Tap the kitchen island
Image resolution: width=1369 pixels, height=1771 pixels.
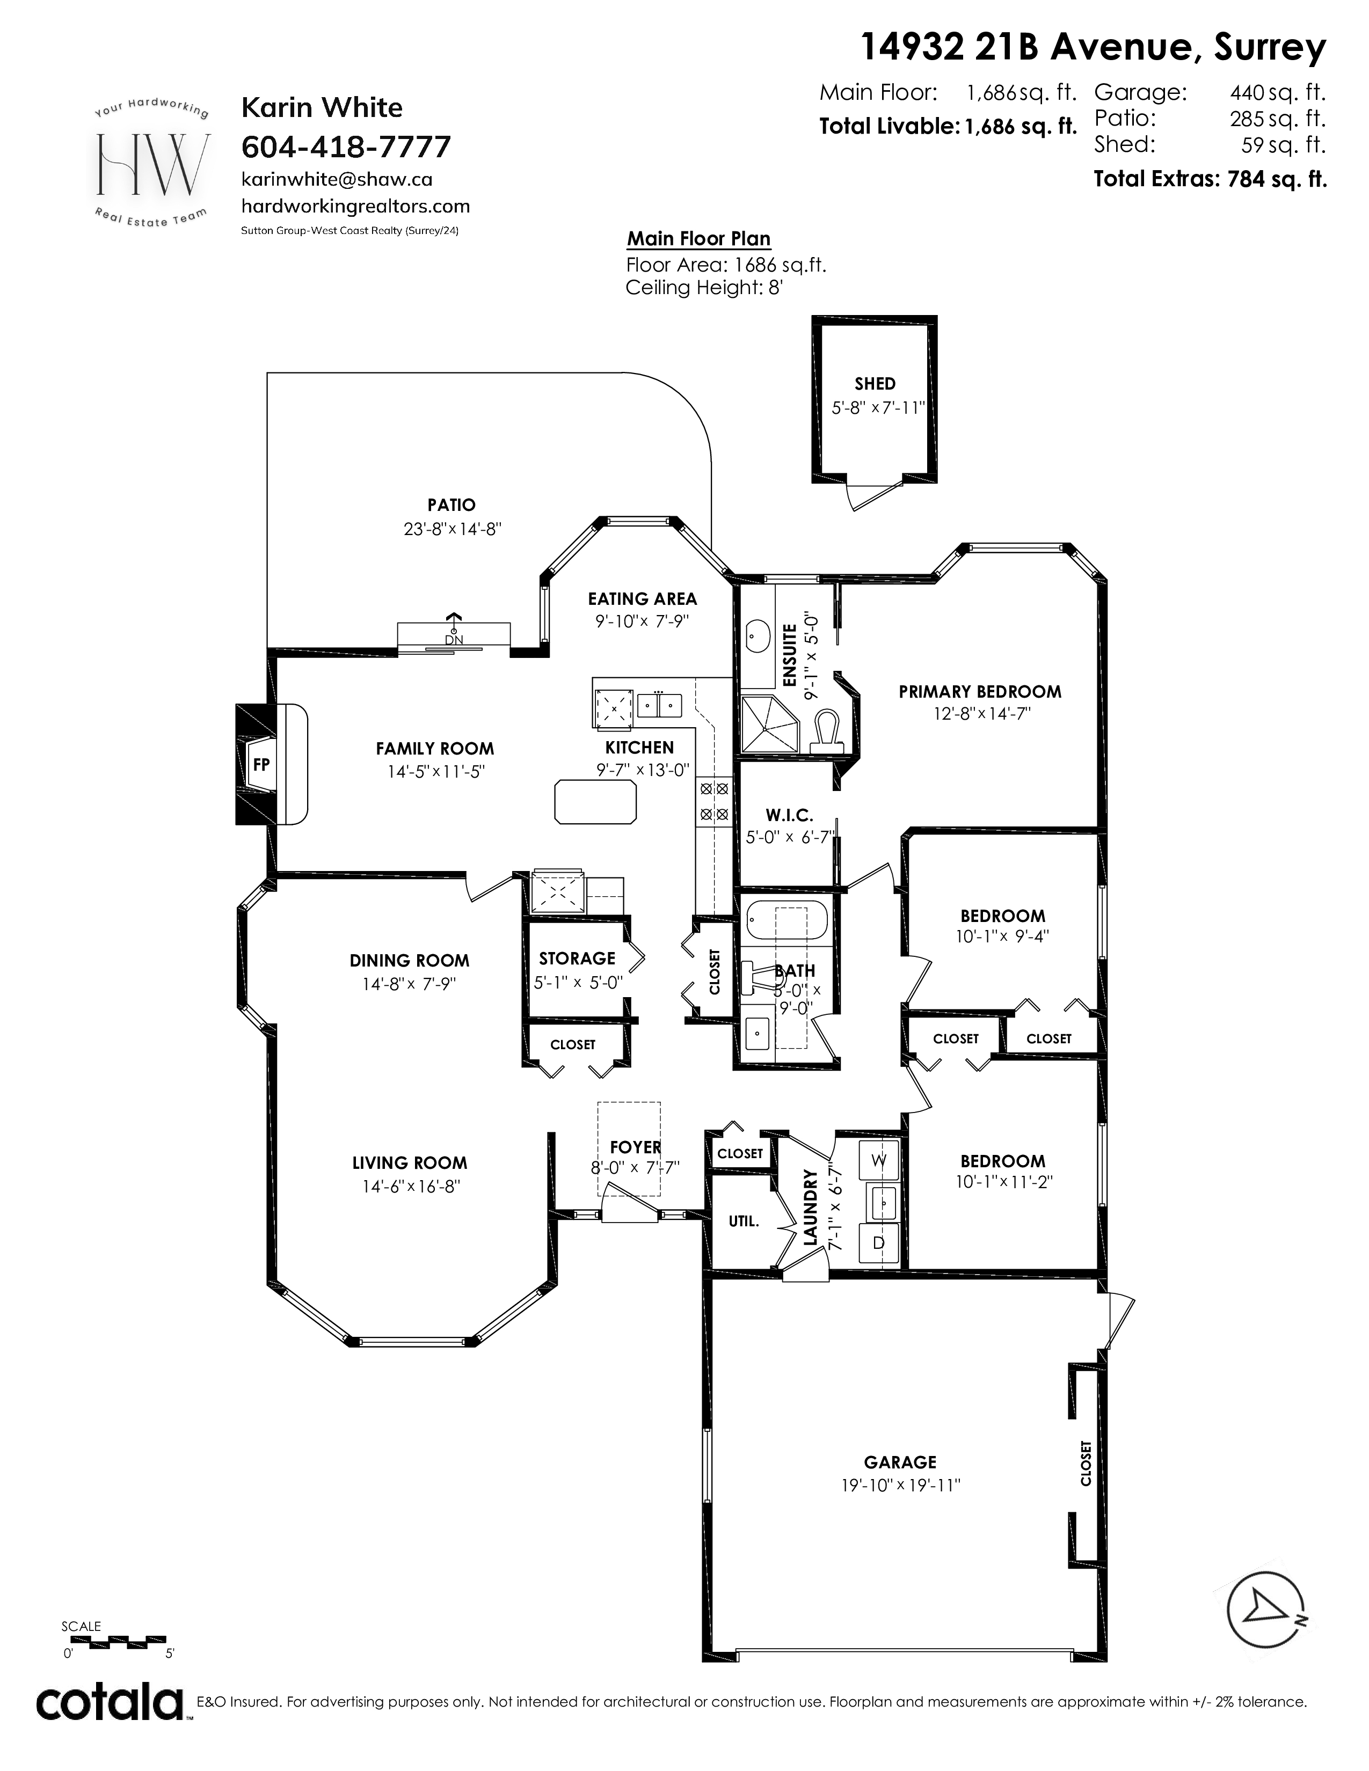595,802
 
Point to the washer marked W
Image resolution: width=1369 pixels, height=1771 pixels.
878,1160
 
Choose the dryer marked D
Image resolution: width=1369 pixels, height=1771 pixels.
878,1243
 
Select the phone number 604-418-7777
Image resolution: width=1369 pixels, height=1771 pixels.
346,147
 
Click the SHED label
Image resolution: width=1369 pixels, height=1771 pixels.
875,384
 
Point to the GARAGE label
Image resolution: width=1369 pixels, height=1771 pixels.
900,1462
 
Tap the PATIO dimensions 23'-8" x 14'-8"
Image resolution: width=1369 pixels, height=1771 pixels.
453,529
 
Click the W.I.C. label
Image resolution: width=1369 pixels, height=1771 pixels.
789,815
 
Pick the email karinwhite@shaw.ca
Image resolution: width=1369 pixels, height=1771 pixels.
337,179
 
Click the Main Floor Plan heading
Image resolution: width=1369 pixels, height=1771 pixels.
698,238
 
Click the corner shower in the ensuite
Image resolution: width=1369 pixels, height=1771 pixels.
767,724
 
